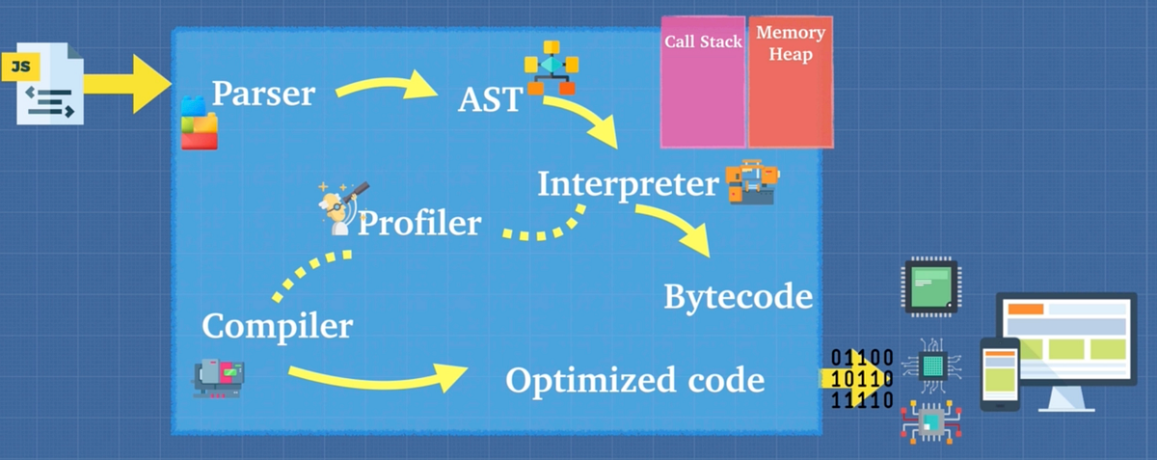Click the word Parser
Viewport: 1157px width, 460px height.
point(263,94)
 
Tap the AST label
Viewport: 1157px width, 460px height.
point(490,97)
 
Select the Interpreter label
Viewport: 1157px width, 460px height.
point(628,183)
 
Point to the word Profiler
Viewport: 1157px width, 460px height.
point(419,224)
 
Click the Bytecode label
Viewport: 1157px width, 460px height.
point(738,297)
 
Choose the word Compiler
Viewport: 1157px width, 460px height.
point(277,326)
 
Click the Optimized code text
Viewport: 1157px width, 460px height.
point(634,380)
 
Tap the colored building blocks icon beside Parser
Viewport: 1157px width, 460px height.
point(200,122)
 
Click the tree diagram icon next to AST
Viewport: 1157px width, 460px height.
point(551,67)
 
